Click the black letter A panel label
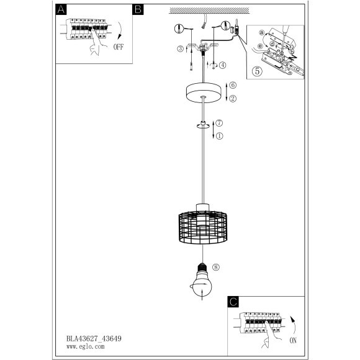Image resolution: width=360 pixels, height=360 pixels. click(x=61, y=10)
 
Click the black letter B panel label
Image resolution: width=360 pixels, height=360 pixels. click(x=138, y=10)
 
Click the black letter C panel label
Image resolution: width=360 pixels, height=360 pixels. click(x=233, y=302)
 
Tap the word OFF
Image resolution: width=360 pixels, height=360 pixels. click(x=119, y=47)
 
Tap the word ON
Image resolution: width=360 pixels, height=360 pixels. click(x=293, y=341)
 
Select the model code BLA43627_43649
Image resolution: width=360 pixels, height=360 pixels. click(x=94, y=339)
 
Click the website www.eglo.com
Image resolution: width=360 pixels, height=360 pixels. click(x=86, y=346)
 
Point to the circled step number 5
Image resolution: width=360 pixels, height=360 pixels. click(x=257, y=71)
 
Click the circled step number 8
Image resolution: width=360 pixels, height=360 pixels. click(x=216, y=268)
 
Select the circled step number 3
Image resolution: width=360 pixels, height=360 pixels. click(x=180, y=48)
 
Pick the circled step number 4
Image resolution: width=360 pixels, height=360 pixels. click(x=222, y=65)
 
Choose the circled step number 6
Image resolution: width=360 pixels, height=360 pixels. click(x=233, y=85)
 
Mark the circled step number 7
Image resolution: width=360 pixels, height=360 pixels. click(x=219, y=123)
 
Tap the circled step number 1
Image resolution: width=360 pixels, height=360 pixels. click(x=219, y=136)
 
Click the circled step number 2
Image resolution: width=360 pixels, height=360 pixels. click(x=233, y=99)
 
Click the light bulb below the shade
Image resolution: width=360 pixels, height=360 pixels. click(x=202, y=281)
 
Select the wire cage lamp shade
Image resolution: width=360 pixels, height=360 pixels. click(x=203, y=227)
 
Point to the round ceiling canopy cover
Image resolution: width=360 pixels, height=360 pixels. click(x=204, y=92)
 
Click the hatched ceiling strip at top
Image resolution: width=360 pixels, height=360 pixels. click(x=209, y=11)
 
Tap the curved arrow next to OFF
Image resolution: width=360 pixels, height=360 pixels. click(x=120, y=30)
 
